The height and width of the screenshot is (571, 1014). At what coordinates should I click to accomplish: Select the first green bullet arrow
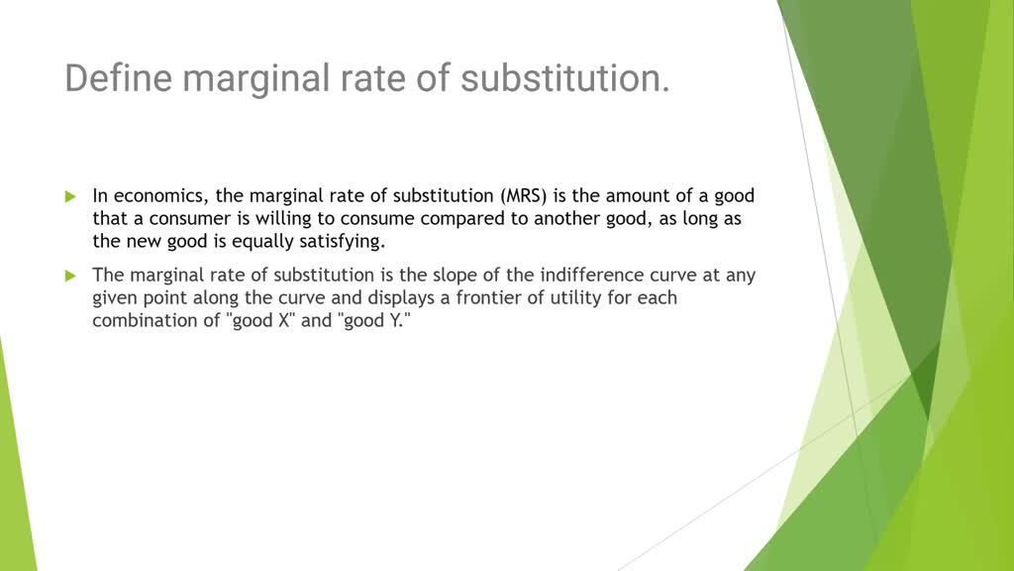point(70,196)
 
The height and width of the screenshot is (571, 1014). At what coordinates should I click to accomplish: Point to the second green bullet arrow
point(70,275)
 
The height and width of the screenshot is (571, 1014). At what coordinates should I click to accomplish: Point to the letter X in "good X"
point(283,321)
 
